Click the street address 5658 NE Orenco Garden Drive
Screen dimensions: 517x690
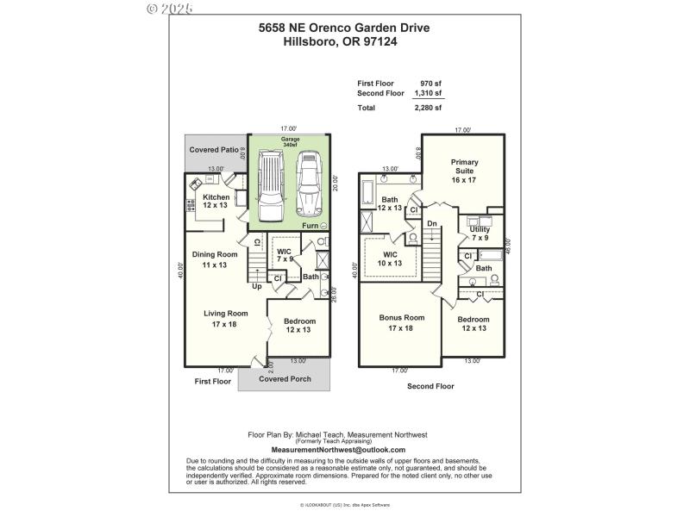tap(344, 28)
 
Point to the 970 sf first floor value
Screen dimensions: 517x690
tap(431, 84)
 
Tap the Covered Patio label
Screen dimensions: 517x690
tap(215, 150)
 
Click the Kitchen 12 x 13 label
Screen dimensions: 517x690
tap(216, 202)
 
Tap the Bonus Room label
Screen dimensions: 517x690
tap(402, 322)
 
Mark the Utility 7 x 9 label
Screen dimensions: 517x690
tap(480, 233)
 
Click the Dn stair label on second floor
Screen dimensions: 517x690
tap(432, 224)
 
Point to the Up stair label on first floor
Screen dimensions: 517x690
tap(256, 286)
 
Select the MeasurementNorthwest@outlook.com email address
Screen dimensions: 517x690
tap(337, 450)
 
